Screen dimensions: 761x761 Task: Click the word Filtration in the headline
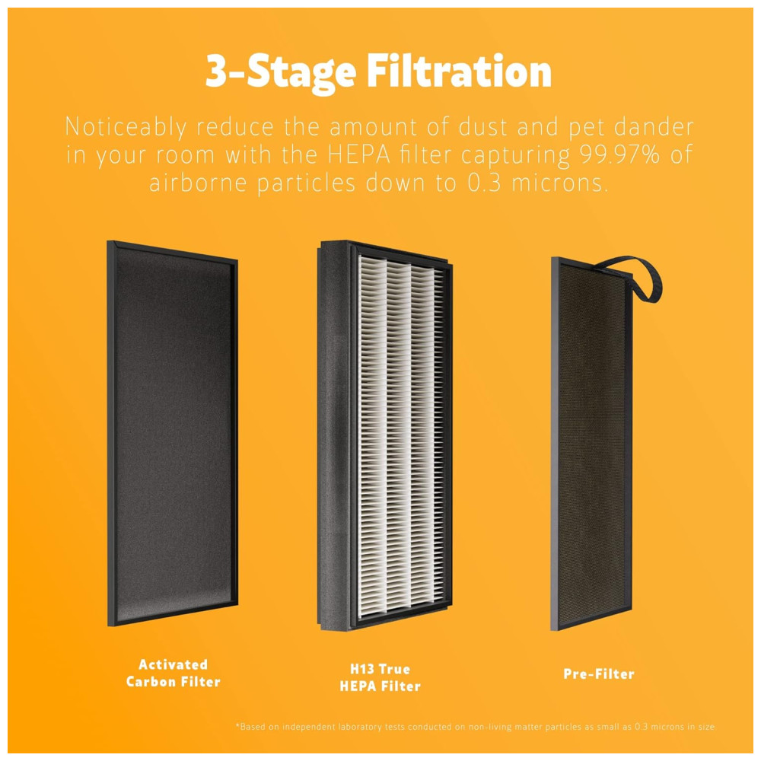pos(459,72)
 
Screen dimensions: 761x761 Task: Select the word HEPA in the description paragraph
pos(359,154)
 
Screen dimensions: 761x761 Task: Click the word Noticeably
pos(126,127)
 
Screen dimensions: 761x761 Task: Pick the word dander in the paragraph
pos(654,126)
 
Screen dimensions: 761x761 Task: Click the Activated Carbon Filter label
pos(174,673)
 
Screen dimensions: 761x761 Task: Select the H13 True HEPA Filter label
pos(380,677)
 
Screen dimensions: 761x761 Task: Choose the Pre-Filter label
pos(599,673)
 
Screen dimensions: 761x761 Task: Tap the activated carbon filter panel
pos(172,433)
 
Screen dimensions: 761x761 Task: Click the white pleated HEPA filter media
pos(401,437)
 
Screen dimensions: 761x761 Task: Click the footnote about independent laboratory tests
pos(475,727)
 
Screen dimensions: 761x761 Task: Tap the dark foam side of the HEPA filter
pos(334,435)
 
